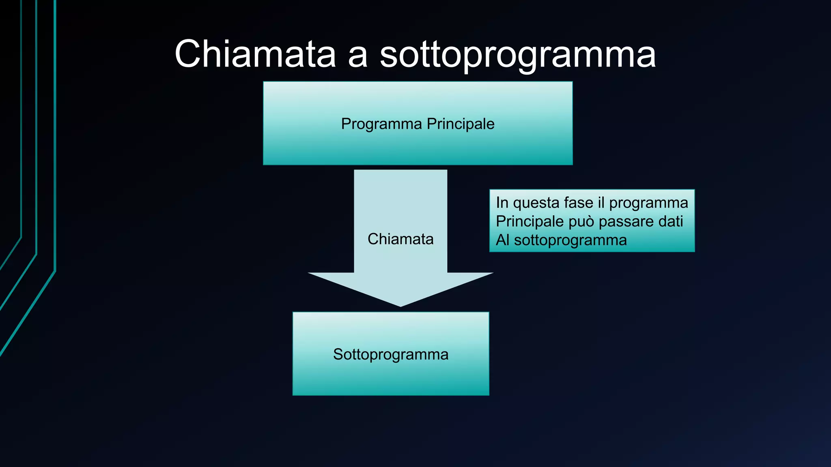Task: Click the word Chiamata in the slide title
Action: pos(255,54)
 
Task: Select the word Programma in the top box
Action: pos(381,124)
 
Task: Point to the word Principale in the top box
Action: pos(461,124)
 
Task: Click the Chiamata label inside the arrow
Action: pos(400,239)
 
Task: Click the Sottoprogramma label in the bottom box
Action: pos(391,354)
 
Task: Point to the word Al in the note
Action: pos(502,240)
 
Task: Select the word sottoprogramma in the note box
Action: pos(570,240)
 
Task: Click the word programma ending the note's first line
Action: pos(648,203)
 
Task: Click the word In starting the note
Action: pos(502,203)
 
